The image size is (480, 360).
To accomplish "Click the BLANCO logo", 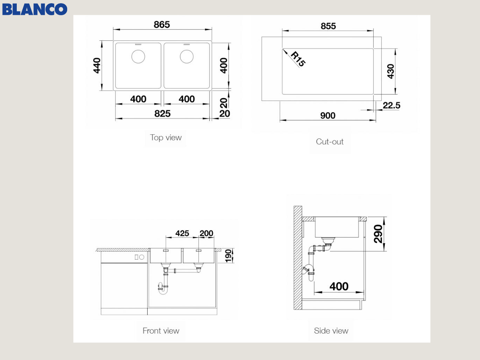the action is click(34, 9).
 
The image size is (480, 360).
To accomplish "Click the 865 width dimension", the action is click(162, 24).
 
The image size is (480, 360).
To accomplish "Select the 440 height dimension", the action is click(97, 66).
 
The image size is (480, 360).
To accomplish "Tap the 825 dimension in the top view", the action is click(162, 114).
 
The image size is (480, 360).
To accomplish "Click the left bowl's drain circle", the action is click(138, 56).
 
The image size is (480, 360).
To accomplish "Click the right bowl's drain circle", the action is click(186, 56).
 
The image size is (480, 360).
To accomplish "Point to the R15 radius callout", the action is click(298, 59).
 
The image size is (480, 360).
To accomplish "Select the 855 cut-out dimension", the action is click(328, 26).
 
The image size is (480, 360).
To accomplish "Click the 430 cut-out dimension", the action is click(390, 71).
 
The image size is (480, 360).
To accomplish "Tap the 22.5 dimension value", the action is click(392, 105).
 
